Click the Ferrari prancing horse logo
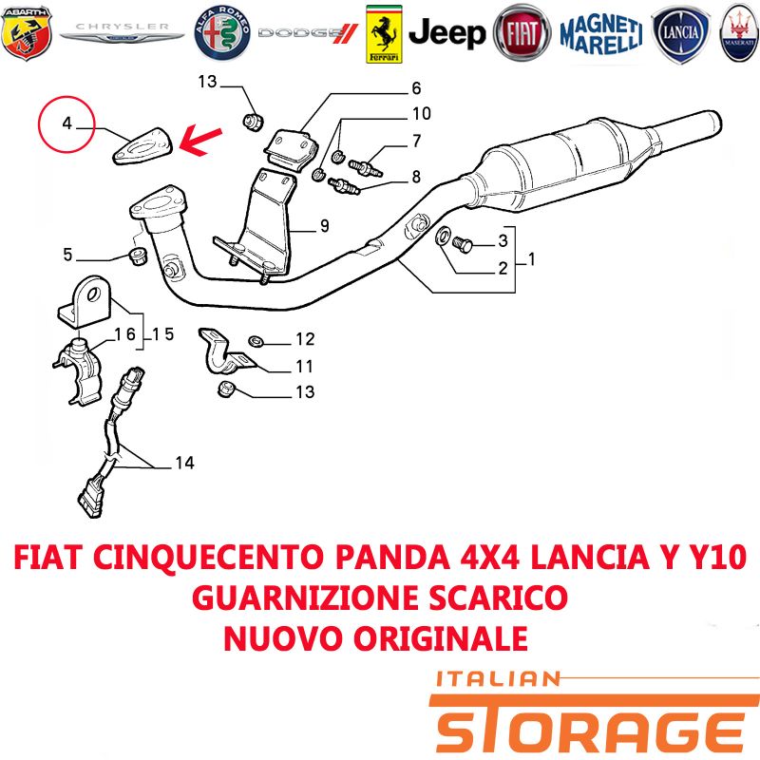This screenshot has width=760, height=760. (x=384, y=34)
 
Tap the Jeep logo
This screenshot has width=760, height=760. (x=446, y=33)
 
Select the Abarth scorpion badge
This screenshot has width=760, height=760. (x=27, y=33)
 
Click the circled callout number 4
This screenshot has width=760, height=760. (x=66, y=123)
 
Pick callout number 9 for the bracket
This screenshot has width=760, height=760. (x=325, y=226)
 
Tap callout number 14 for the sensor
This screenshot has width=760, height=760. (x=184, y=463)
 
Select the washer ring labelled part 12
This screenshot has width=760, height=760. (x=256, y=341)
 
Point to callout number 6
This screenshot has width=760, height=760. (x=416, y=88)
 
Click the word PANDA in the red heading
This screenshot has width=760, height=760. (x=392, y=557)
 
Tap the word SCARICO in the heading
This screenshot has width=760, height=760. (x=498, y=598)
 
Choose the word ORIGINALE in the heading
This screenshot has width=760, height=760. (x=440, y=637)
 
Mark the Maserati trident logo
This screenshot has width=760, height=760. (x=740, y=33)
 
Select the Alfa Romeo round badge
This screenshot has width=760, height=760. (x=222, y=33)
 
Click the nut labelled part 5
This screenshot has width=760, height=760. (x=139, y=256)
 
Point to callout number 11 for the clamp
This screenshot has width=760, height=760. (x=304, y=367)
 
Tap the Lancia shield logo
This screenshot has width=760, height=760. (x=681, y=33)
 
